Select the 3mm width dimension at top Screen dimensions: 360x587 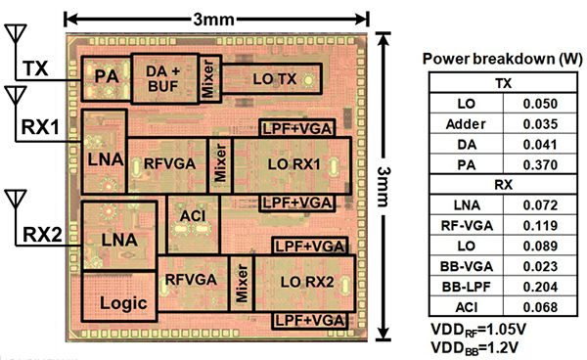click(216, 19)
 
